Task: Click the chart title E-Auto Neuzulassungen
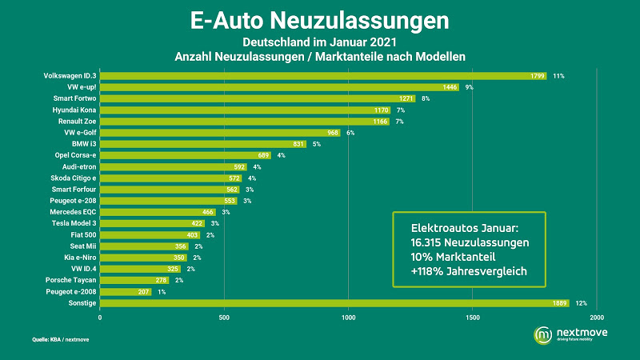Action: (320, 18)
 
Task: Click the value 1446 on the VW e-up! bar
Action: (450, 87)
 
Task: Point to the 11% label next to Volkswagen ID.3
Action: (558, 76)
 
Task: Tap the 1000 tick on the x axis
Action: (348, 318)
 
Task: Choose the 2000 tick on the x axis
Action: (596, 318)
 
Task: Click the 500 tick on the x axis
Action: (224, 318)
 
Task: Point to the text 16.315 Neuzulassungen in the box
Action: (466, 241)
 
